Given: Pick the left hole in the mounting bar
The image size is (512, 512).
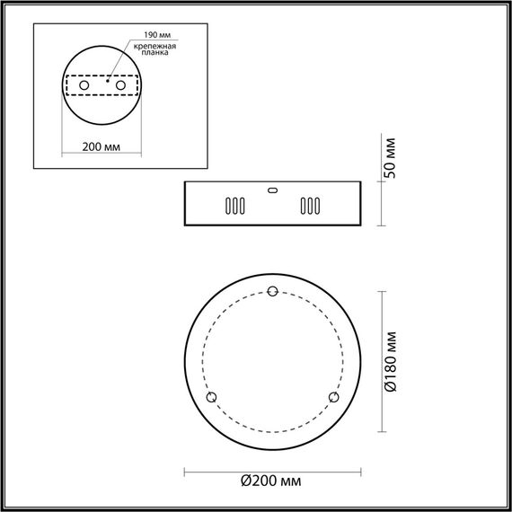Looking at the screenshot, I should pyautogui.click(x=84, y=84).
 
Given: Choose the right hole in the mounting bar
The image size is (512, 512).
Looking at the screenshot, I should pyautogui.click(x=118, y=84).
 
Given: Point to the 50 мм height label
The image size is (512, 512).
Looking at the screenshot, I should pyautogui.click(x=392, y=160).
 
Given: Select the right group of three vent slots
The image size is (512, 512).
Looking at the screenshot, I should pyautogui.click(x=310, y=206).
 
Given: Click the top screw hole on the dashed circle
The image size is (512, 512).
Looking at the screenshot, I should pyautogui.click(x=274, y=290).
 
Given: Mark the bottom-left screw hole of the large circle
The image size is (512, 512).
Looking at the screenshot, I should pyautogui.click(x=212, y=397).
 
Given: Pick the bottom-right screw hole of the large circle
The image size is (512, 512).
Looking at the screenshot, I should pyautogui.click(x=334, y=397).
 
